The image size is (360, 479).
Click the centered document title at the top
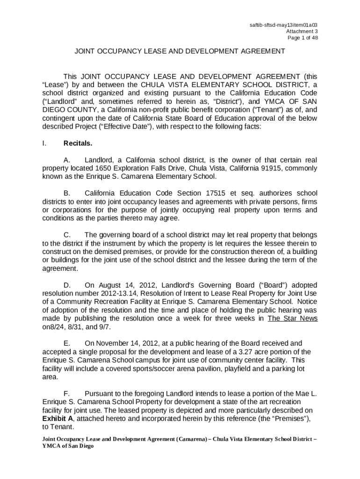pyautogui.click(x=180, y=51)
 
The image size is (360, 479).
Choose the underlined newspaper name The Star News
pyautogui.click(x=293, y=319)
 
